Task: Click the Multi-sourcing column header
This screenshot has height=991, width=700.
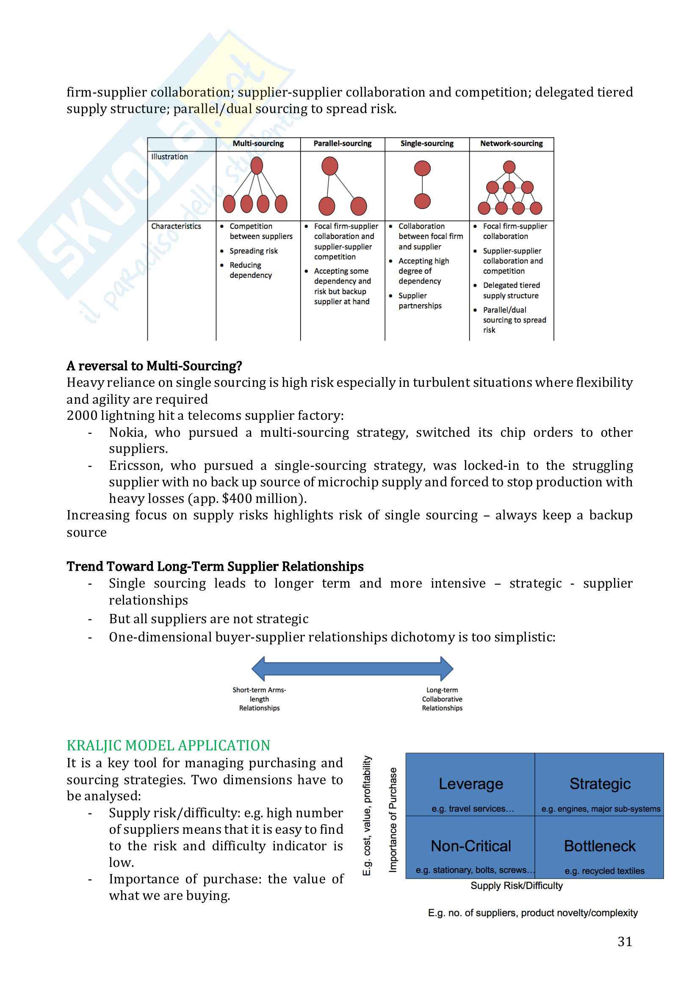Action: (258, 144)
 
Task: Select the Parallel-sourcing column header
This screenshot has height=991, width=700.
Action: (343, 144)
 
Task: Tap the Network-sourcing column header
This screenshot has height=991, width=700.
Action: (512, 144)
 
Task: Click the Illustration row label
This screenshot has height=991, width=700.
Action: (169, 157)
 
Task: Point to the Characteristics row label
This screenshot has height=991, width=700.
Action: (176, 226)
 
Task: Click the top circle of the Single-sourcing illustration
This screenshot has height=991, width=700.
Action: (422, 168)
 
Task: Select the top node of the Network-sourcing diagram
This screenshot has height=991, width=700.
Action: (509, 167)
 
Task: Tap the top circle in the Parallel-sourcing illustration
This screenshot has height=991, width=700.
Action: (330, 166)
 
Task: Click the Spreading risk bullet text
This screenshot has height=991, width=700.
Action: (254, 251)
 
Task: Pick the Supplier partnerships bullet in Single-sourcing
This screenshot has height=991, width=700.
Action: (420, 300)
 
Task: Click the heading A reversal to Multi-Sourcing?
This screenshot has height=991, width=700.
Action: (154, 366)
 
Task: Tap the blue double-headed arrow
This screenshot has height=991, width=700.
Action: (352, 669)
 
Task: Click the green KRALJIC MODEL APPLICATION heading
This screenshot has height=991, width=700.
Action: (168, 745)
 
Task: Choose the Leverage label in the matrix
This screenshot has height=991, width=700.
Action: (470, 783)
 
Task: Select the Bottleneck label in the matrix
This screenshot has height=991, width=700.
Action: (600, 846)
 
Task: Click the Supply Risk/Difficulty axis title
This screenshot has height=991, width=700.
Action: (516, 886)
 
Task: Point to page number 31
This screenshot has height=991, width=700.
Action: (625, 941)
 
